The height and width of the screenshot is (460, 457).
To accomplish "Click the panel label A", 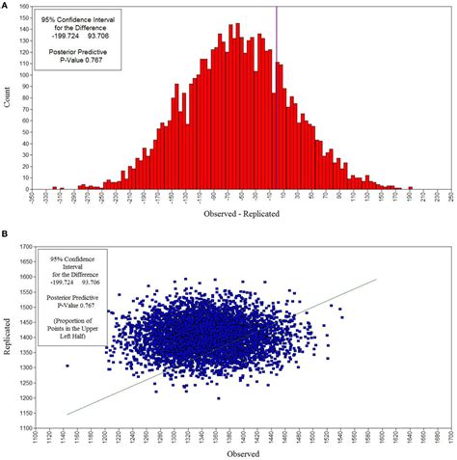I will [x=6, y=5].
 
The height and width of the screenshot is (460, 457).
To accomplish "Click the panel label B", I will [x=6, y=234].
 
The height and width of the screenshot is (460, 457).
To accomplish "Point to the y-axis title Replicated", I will [x=8, y=338].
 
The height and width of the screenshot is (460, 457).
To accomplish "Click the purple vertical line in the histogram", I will [x=277, y=96].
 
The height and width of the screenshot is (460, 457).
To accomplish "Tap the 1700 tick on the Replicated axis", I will [x=22, y=248].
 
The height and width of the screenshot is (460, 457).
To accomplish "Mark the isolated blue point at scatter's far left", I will [x=67, y=366].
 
